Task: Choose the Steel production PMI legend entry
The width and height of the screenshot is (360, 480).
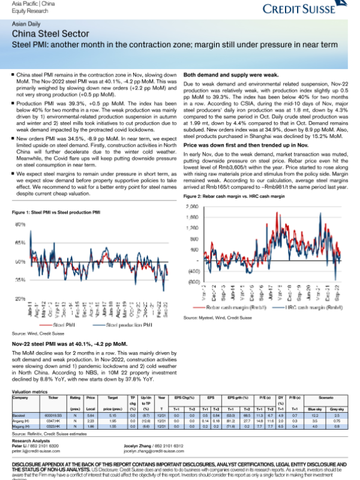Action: pyautogui.click(x=128, y=324)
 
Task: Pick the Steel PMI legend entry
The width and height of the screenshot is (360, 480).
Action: pyautogui.click(x=64, y=324)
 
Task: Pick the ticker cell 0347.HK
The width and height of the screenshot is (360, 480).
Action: pyautogui.click(x=53, y=421)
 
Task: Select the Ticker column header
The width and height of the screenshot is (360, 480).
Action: pyautogui.click(x=53, y=397)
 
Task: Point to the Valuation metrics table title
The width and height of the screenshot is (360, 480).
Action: pyautogui.click(x=30, y=391)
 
